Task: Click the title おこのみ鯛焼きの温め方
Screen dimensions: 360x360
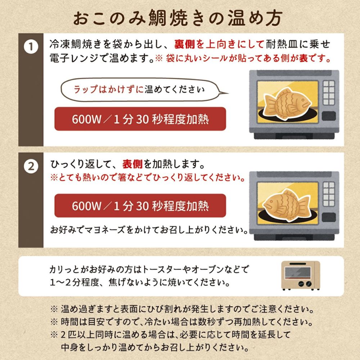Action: coord(180,18)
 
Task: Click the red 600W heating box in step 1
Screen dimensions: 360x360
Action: coord(140,119)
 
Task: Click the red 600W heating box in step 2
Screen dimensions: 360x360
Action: coord(140,206)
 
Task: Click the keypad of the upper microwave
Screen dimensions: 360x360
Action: coord(328,93)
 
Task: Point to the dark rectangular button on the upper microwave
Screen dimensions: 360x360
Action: coord(328,116)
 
